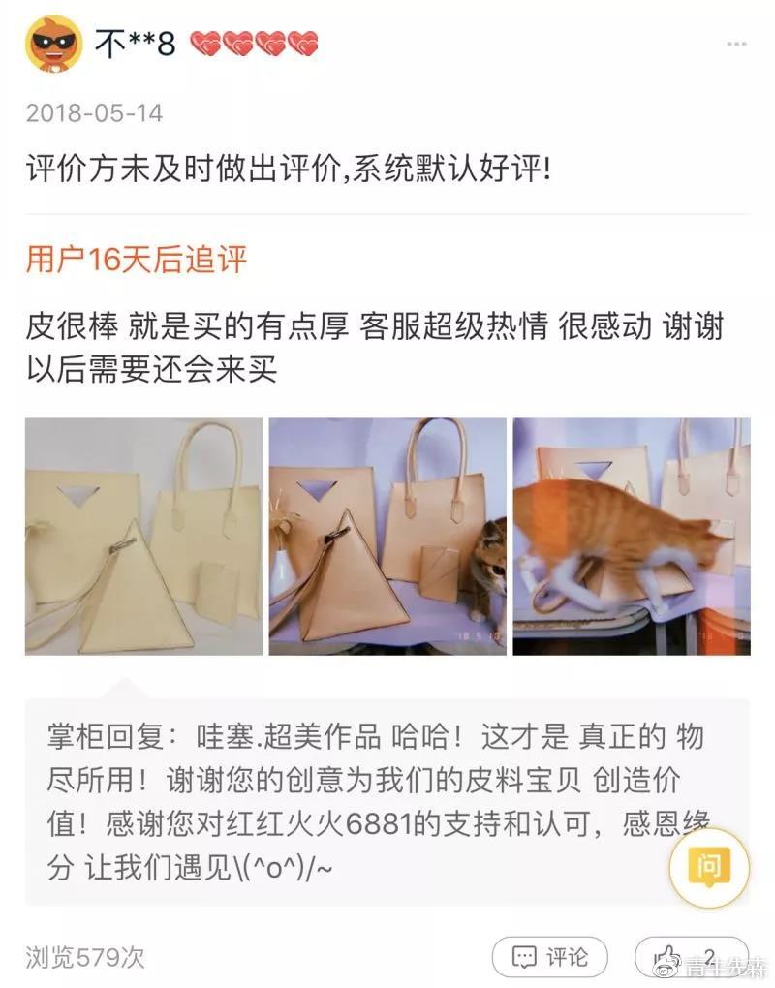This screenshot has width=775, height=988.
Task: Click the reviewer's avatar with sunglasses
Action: [x=54, y=44]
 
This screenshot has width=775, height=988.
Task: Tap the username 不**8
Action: [x=135, y=44]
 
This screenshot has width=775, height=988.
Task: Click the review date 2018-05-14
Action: [x=94, y=113]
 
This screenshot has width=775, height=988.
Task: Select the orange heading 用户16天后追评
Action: [x=136, y=260]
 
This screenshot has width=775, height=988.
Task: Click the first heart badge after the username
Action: [x=205, y=44]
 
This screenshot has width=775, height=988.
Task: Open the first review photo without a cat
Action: [x=143, y=536]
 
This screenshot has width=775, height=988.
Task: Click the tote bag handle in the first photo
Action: [x=206, y=465]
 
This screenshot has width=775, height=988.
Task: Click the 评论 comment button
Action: [x=549, y=957]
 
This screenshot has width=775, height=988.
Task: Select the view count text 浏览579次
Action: [x=85, y=957]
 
